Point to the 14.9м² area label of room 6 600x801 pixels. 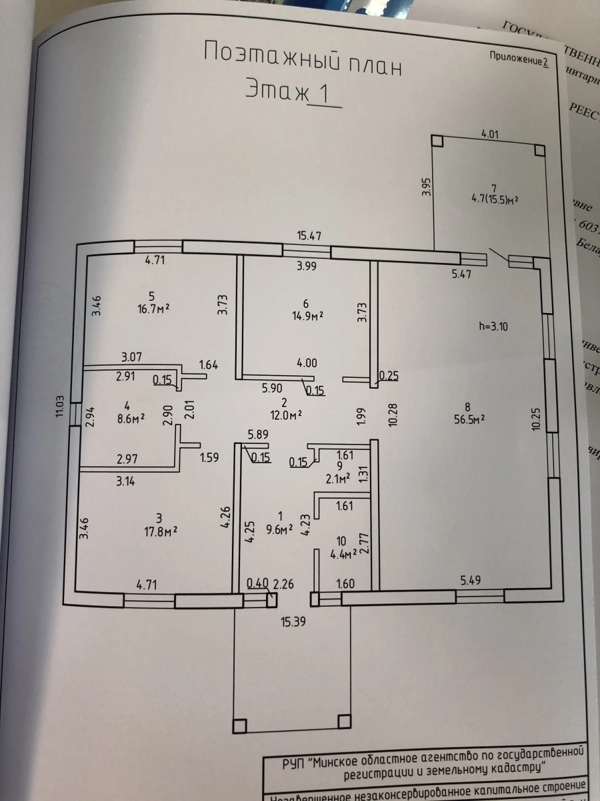[x=306, y=315]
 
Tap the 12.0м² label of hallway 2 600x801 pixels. [x=284, y=414]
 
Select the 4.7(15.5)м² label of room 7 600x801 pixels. [x=494, y=199]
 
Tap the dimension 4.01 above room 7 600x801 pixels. [x=490, y=133]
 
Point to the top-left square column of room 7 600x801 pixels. [x=437, y=142]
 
